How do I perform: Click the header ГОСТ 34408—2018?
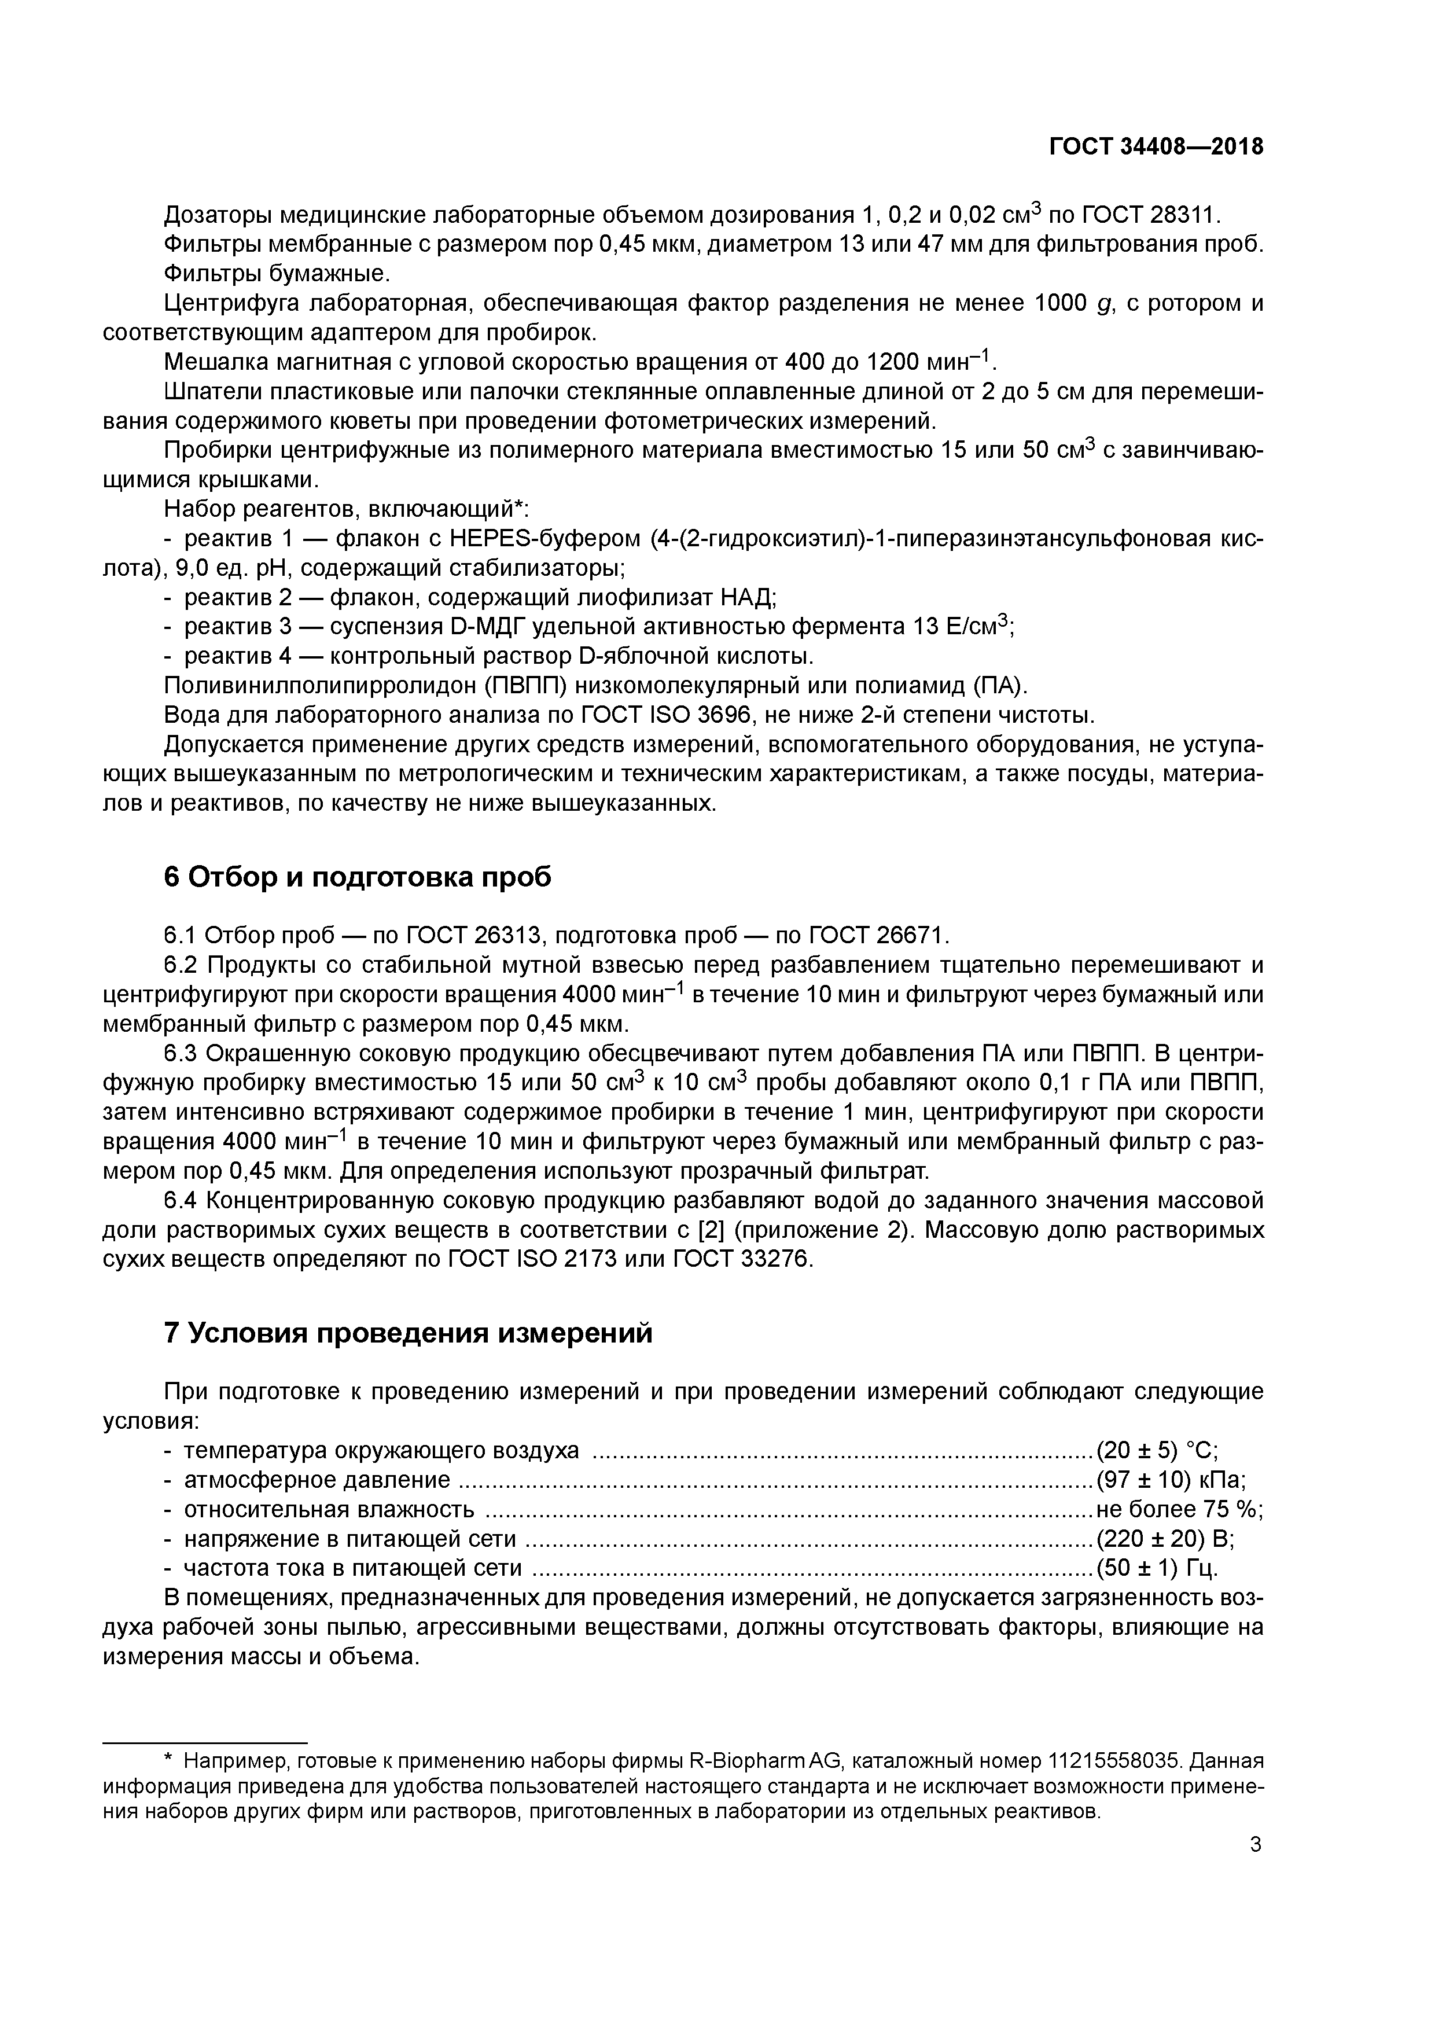click(1156, 147)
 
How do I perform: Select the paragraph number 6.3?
click(183, 1053)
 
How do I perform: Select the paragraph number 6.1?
click(183, 935)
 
